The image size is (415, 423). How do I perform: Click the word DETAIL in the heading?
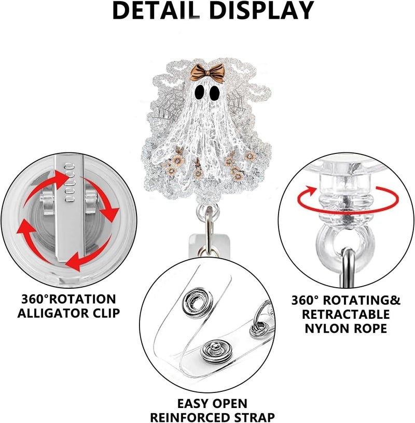click(156, 10)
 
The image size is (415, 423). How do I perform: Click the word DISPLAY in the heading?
click(261, 10)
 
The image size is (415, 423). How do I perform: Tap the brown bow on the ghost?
click(207, 73)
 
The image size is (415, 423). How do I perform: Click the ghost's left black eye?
click(200, 92)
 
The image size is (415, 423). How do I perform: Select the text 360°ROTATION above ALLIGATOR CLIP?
click(68, 299)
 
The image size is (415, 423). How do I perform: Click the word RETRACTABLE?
click(346, 314)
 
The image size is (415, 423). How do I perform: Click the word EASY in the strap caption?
click(193, 404)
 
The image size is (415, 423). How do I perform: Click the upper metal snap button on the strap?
click(197, 301)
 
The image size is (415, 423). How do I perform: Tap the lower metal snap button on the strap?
click(214, 352)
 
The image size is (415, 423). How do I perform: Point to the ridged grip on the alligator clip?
click(70, 182)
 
